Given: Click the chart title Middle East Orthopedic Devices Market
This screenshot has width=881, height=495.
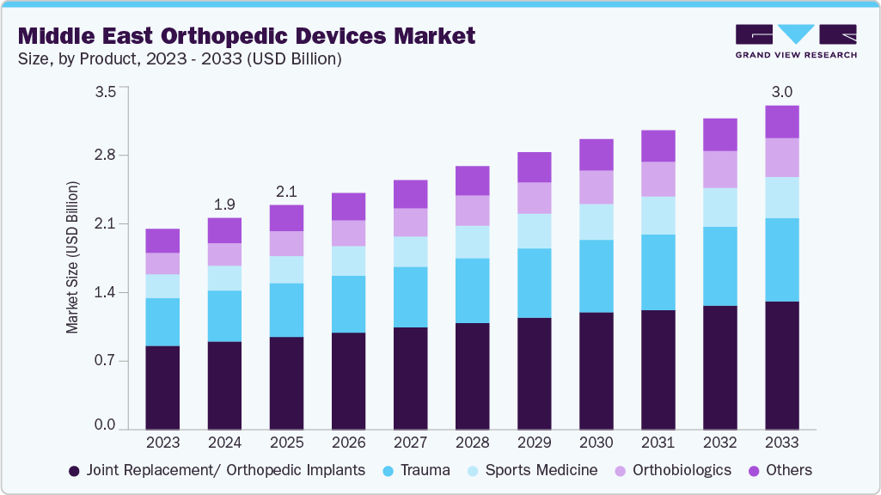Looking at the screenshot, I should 246,36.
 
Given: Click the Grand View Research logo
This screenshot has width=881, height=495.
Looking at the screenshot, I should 795,41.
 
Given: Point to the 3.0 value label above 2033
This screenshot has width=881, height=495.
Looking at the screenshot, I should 781,92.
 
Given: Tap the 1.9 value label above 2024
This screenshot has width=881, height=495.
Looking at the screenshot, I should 224,205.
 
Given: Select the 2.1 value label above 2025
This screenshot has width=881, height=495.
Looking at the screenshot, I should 286,192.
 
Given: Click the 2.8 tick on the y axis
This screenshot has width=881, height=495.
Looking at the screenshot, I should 105,156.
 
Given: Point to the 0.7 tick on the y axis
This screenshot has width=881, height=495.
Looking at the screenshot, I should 105,361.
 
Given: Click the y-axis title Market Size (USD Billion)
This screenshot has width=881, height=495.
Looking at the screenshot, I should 73,258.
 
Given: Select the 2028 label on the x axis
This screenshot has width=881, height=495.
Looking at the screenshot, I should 472,443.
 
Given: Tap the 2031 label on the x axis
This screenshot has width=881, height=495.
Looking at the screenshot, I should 658,443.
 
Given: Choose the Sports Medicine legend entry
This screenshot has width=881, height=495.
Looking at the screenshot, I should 532,470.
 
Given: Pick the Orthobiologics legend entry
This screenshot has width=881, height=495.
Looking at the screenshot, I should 671,470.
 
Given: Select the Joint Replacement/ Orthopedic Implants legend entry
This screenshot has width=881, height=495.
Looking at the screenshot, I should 217,470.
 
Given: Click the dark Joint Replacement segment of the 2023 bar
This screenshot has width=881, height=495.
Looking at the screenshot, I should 162,387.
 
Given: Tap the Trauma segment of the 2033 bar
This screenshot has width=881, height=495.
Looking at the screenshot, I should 781,260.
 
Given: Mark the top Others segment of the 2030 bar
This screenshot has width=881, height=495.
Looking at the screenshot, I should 596,155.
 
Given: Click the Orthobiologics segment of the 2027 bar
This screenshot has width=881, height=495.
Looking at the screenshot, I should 410,222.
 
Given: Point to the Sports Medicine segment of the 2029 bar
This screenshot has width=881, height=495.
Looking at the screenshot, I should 534,231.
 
